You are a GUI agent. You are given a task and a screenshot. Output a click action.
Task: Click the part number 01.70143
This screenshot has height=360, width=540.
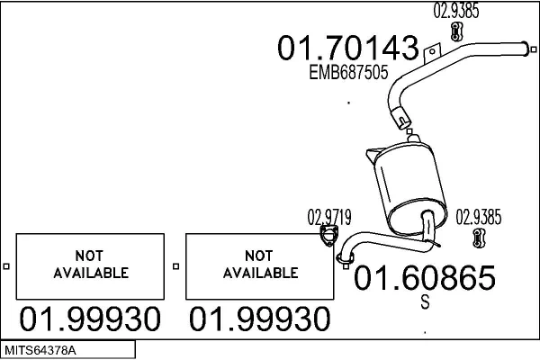pos(348,48)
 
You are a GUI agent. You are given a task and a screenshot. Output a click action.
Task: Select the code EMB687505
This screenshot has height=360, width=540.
pos(348,72)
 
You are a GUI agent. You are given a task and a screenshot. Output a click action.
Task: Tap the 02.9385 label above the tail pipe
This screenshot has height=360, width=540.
pos(456,10)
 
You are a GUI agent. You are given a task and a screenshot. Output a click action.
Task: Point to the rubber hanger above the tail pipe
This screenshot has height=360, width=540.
pos(456,31)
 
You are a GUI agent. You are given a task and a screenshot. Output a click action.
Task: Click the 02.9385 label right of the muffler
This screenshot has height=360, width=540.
pos(479,217)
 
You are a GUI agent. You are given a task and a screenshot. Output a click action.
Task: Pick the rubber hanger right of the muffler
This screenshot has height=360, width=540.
pos(479,238)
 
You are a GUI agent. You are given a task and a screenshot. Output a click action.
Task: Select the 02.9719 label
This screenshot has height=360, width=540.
pos(329,217)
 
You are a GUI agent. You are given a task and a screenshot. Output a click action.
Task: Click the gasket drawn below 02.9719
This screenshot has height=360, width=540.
pos(328,236)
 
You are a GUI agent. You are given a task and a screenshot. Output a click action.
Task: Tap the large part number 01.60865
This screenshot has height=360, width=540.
pos(425,278)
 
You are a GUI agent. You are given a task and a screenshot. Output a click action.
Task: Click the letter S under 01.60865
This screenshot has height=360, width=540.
pos(426,301)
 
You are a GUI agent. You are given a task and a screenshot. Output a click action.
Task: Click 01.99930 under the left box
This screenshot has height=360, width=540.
pos(90,319)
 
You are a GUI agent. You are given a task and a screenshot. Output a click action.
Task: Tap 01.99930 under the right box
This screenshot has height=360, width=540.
pos(260,319)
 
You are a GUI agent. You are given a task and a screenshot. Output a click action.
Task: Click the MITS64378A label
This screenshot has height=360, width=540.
pos(40,350)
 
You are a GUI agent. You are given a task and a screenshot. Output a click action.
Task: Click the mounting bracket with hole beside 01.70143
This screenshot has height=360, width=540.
pos(432,52)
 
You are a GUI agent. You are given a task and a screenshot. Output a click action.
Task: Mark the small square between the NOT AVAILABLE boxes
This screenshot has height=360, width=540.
pos(176,266)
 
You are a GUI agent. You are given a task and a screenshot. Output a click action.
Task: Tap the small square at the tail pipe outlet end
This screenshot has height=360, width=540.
pos(534,49)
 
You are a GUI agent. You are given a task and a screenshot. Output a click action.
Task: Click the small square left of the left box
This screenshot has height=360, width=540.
pos(6,266)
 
